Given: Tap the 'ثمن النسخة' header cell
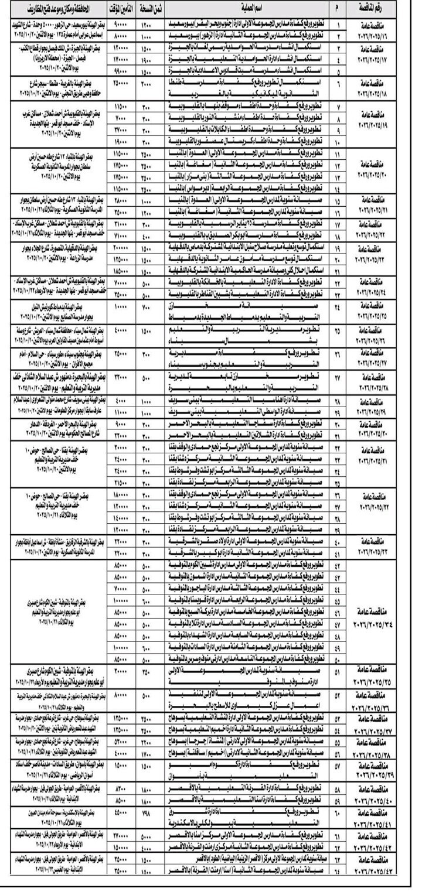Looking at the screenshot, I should coord(145,9).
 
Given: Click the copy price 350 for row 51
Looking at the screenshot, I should coord(146,670).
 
